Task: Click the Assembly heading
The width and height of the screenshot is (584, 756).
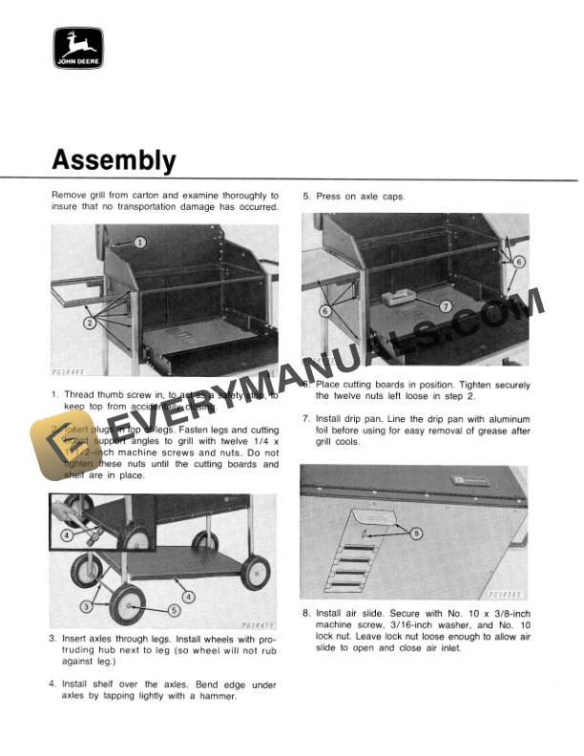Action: pyautogui.click(x=114, y=159)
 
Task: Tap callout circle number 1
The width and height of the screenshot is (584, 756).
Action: pyautogui.click(x=139, y=242)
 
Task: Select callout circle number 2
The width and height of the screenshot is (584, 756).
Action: pyautogui.click(x=91, y=324)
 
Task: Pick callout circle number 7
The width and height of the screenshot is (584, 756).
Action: pyautogui.click(x=445, y=306)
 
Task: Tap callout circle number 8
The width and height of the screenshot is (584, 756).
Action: pyautogui.click(x=415, y=534)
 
